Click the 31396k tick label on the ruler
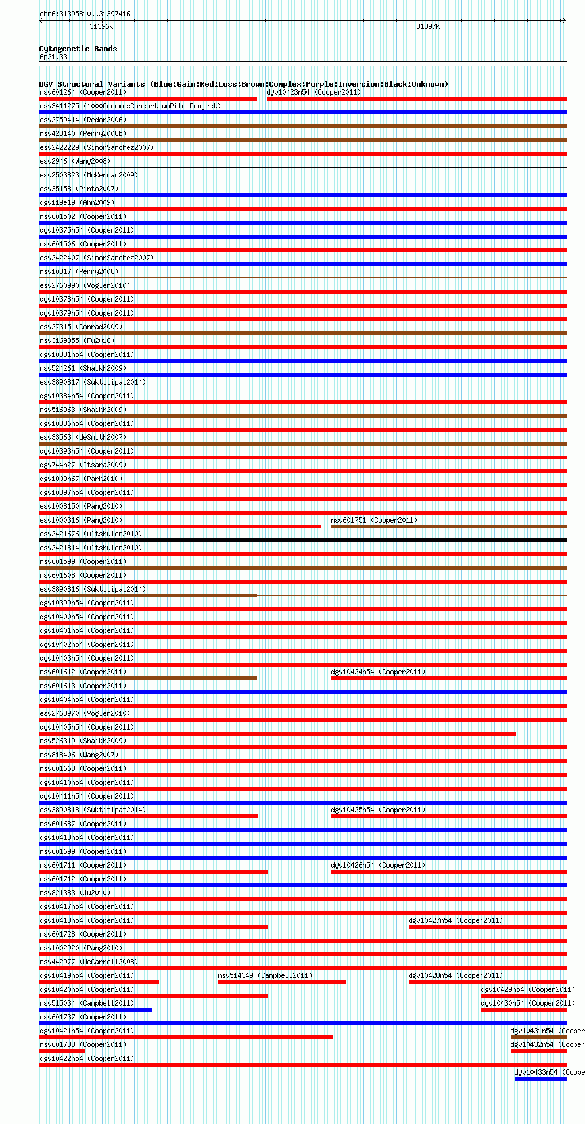[101, 27]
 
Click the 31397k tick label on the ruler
[428, 27]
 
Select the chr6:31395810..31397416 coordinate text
[85, 14]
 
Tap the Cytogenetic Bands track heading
[78, 49]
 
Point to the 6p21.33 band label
[53, 57]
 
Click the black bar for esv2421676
[302, 540]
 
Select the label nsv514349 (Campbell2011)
[265, 975]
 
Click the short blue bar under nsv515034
[95, 1010]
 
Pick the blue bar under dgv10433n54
[540, 1079]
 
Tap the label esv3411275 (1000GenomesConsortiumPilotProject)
[130, 106]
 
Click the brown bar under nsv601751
[448, 527]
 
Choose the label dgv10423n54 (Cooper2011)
[314, 92]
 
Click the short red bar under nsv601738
[62, 1051]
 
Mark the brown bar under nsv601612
[148, 678]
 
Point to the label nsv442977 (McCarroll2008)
[89, 962]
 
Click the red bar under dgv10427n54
[487, 927]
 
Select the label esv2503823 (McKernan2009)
[89, 175]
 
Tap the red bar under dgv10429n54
[523, 996]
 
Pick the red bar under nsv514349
[281, 982]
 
